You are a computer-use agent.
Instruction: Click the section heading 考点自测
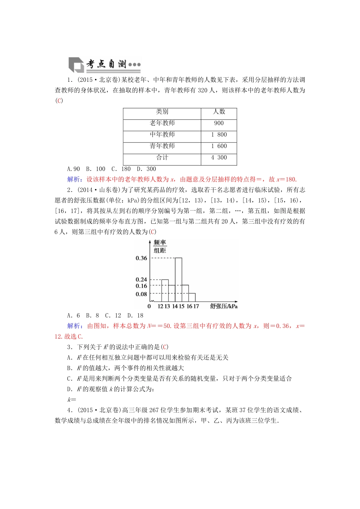pyautogui.click(x=106, y=64)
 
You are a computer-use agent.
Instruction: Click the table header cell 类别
pyautogui.click(x=162, y=112)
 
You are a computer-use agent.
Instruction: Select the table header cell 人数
pyautogui.click(x=219, y=112)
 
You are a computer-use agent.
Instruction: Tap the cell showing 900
pyautogui.click(x=219, y=123)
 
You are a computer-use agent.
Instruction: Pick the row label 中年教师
pyautogui.click(x=162, y=134)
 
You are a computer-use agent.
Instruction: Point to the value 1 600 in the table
pyautogui.click(x=219, y=146)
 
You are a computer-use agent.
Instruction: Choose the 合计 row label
pyautogui.click(x=162, y=158)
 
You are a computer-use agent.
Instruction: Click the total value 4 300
pyautogui.click(x=219, y=158)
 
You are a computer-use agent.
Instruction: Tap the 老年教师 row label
pyautogui.click(x=162, y=123)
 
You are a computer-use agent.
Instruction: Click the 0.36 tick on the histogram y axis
pyautogui.click(x=141, y=258)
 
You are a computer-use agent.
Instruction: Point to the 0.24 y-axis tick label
pyautogui.click(x=141, y=279)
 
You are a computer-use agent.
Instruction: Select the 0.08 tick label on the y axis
pyautogui.click(x=141, y=294)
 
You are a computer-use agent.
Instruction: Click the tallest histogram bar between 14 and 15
pyautogui.click(x=178, y=280)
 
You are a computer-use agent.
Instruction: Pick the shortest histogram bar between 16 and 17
pyautogui.click(x=192, y=298)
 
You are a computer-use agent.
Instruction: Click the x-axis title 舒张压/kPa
pyautogui.click(x=224, y=306)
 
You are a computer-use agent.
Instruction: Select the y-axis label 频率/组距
pyautogui.click(x=160, y=247)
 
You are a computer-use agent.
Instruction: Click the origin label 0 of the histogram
pyautogui.click(x=149, y=306)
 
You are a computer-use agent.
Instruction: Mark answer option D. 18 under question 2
pyautogui.click(x=135, y=315)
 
